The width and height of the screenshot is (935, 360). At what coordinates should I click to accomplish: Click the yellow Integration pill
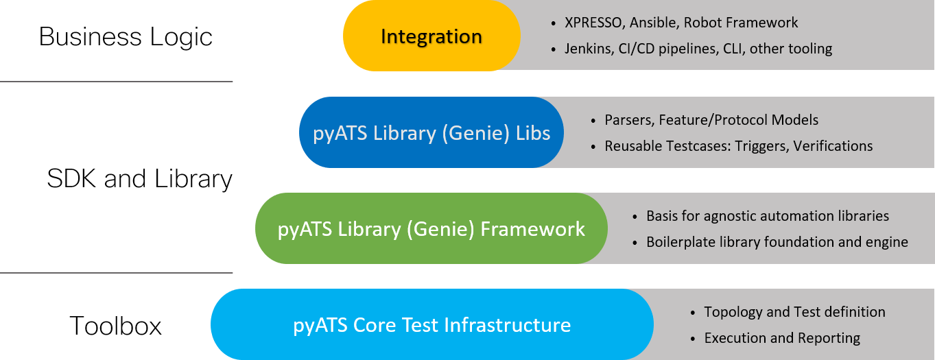click(431, 36)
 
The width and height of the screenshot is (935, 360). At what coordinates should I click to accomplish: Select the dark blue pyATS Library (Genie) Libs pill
click(431, 132)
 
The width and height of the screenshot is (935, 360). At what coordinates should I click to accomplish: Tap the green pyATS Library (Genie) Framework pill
click(431, 228)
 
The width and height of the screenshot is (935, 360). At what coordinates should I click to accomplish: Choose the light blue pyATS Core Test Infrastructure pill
click(431, 324)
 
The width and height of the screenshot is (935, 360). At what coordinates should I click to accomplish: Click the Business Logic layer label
click(126, 36)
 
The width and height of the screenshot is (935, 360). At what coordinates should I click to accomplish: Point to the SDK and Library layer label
click(139, 180)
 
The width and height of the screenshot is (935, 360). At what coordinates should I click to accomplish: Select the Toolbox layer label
click(115, 326)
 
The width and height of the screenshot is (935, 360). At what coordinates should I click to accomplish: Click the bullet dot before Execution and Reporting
click(693, 339)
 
